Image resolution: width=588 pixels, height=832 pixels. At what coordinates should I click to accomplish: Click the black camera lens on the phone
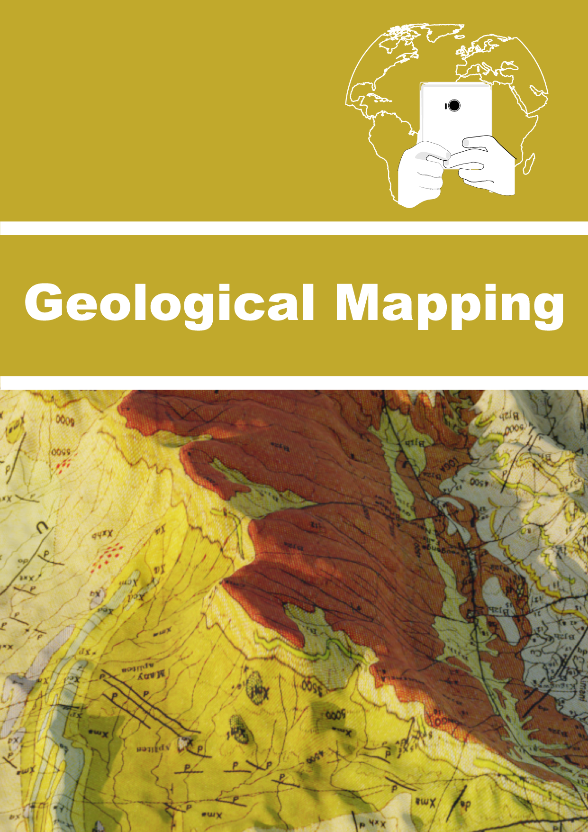[454, 105]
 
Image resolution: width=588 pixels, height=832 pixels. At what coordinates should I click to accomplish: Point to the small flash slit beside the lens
[445, 106]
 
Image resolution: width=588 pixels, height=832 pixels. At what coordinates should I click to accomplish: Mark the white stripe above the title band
[294, 228]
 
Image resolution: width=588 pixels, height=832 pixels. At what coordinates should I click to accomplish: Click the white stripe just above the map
[294, 383]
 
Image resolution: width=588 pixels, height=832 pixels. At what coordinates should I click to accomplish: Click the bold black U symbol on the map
[43, 529]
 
